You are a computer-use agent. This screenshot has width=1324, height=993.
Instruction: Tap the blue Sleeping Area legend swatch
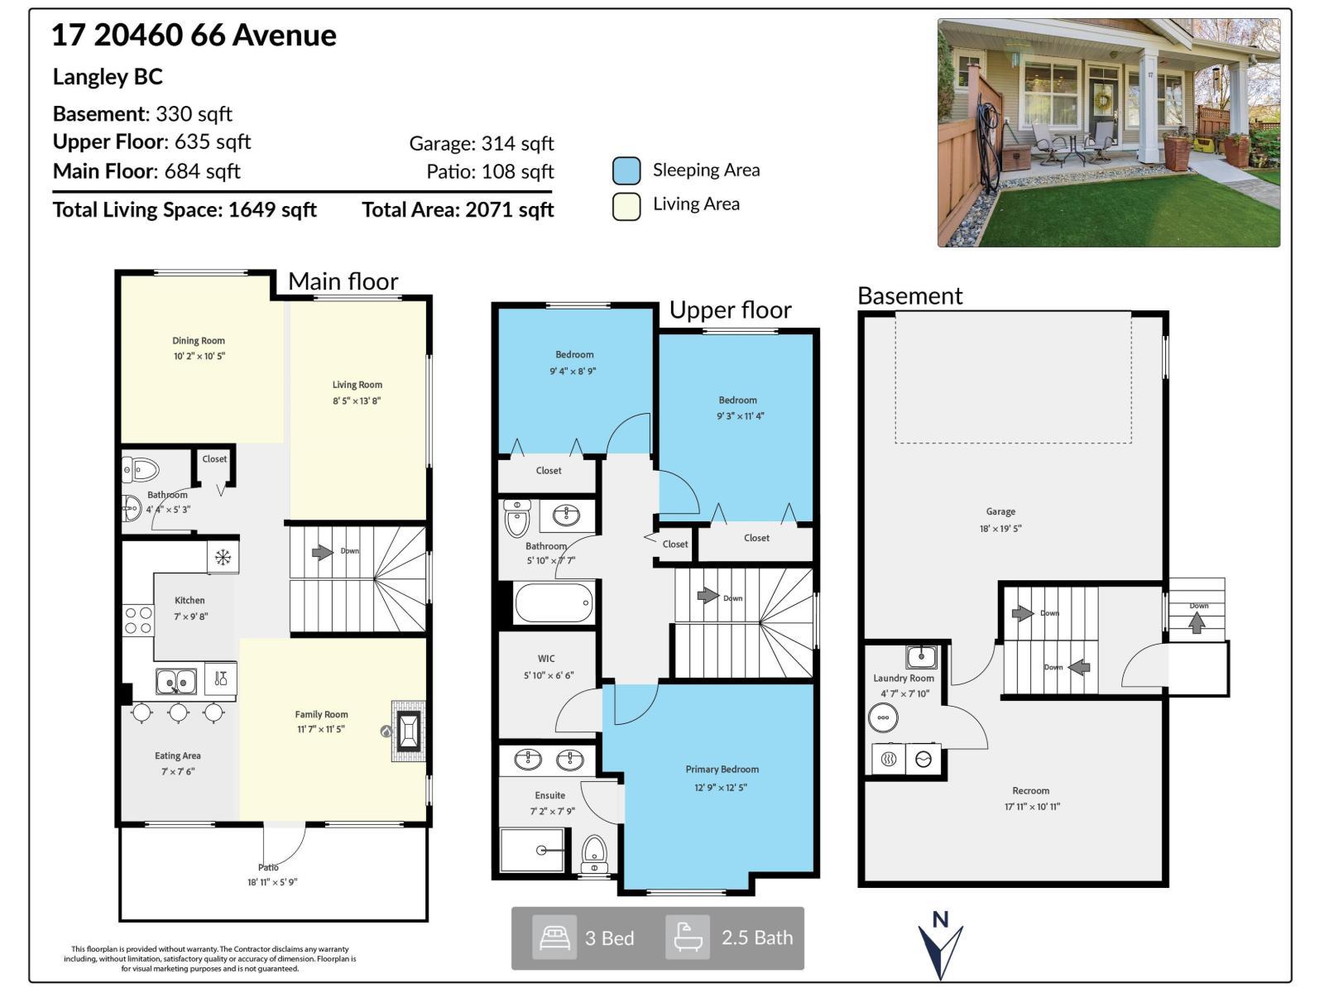pyautogui.click(x=626, y=170)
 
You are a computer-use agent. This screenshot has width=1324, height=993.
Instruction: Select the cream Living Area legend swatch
pyautogui.click(x=626, y=206)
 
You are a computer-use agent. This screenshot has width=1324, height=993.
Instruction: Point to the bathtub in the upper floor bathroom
pyautogui.click(x=554, y=602)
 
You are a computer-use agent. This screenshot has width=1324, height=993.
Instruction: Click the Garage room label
pyautogui.click(x=1000, y=512)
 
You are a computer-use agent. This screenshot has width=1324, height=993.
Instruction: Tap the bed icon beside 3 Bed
pyautogui.click(x=554, y=938)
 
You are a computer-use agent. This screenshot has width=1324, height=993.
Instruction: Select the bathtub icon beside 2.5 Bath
pyautogui.click(x=688, y=938)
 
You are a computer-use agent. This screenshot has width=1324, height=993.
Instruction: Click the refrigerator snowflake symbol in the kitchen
pyautogui.click(x=223, y=557)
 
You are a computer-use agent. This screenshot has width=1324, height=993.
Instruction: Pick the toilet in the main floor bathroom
pyautogui.click(x=142, y=470)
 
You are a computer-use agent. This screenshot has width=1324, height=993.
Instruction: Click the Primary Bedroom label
pyautogui.click(x=722, y=770)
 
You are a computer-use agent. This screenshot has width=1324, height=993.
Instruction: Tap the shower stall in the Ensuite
pyautogui.click(x=534, y=850)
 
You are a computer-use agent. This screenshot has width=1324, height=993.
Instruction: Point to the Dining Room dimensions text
pyautogui.click(x=199, y=357)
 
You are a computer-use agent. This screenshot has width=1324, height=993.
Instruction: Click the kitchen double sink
pyautogui.click(x=176, y=682)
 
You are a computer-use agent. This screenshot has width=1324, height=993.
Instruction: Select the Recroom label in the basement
pyautogui.click(x=1030, y=791)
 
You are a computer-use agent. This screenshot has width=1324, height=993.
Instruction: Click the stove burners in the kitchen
pyautogui.click(x=138, y=621)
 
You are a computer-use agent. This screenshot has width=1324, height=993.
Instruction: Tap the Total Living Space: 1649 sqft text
pyautogui.click(x=185, y=210)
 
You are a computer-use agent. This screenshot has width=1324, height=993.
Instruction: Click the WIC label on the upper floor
pyautogui.click(x=546, y=660)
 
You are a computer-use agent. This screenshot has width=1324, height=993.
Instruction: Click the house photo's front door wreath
pyautogui.click(x=1103, y=101)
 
